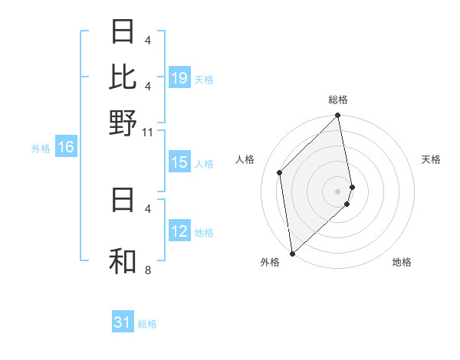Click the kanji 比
click(x=123, y=77)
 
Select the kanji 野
click(x=123, y=123)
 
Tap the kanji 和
click(x=123, y=260)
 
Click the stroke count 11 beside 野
click(x=149, y=133)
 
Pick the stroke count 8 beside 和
click(x=148, y=270)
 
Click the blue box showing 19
click(x=179, y=77)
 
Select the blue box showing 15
click(x=179, y=162)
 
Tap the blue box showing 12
click(x=179, y=231)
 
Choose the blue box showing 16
click(x=66, y=148)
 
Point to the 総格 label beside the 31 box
click(x=147, y=324)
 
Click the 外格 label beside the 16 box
click(x=41, y=149)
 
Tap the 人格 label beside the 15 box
click(x=204, y=163)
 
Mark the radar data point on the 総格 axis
click(x=338, y=116)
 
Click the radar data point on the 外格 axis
click(x=292, y=254)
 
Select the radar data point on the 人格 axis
click(x=280, y=172)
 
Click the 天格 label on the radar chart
click(x=432, y=159)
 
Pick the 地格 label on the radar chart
click(x=402, y=262)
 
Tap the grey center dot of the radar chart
click(x=338, y=191)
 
